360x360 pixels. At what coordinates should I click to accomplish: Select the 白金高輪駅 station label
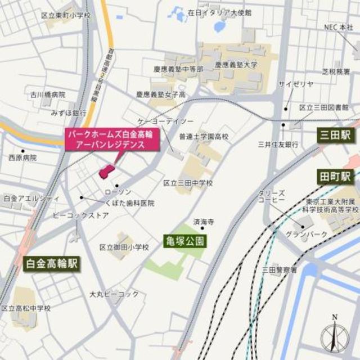pos(52,263)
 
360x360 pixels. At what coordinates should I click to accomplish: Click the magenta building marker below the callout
pos(105,172)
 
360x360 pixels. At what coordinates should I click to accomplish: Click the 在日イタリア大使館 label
pos(217,11)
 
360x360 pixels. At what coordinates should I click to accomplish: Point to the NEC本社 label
pos(337,26)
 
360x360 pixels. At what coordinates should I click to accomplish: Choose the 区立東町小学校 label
pos(66,15)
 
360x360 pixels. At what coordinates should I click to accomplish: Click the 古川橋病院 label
pos(48,94)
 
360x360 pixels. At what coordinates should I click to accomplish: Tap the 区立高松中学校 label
pos(26,308)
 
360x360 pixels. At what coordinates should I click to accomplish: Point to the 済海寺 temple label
pos(204,222)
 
